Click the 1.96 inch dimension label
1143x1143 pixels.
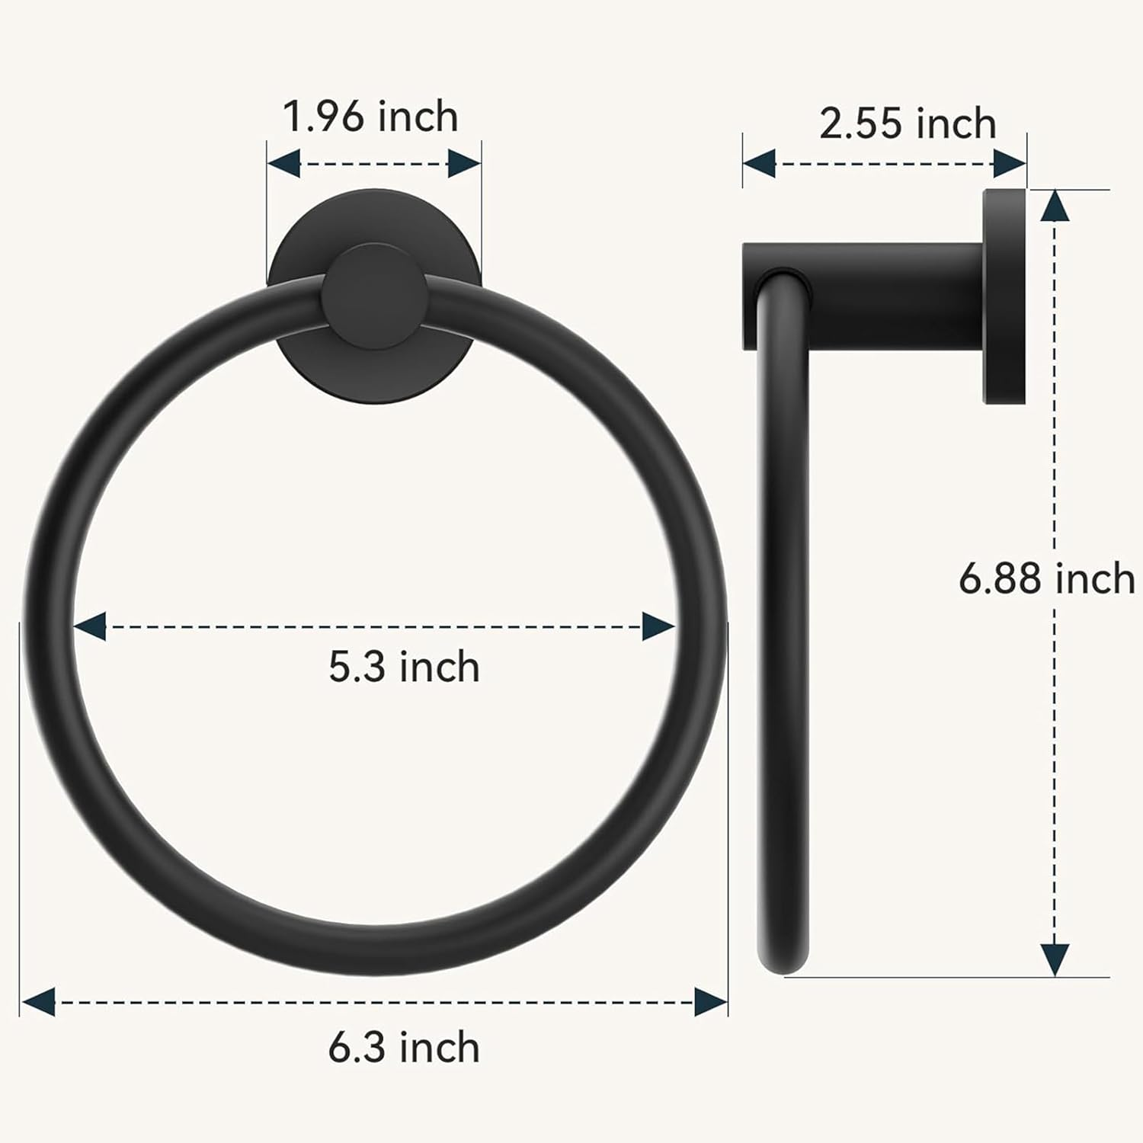[370, 117]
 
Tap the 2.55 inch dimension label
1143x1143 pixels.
[908, 123]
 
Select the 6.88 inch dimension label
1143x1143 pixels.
[1046, 578]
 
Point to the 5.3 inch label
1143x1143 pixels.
[404, 667]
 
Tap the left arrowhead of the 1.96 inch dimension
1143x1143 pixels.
[283, 163]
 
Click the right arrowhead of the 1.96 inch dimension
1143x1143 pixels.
[464, 163]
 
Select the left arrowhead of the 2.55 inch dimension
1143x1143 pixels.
[759, 163]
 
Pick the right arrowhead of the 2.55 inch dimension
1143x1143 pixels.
[1010, 163]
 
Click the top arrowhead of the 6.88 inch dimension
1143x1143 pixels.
[1054, 206]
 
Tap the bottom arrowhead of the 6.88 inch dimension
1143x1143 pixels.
[1054, 959]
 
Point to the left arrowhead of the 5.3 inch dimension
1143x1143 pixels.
[90, 626]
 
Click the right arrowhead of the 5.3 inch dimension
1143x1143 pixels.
[658, 626]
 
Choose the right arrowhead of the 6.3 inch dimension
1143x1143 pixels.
[711, 1001]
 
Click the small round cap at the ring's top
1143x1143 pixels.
[374, 296]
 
